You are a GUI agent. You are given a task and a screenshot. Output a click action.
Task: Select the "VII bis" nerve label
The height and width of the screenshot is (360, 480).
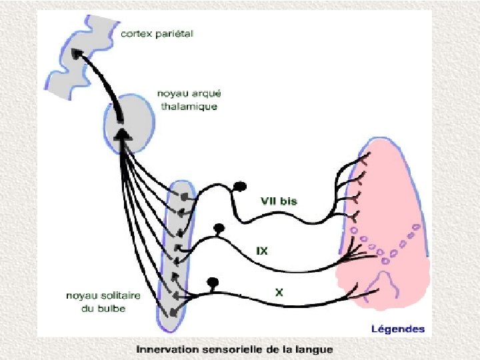tap(279, 201)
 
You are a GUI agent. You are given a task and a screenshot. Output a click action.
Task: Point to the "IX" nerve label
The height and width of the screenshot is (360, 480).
tap(262, 251)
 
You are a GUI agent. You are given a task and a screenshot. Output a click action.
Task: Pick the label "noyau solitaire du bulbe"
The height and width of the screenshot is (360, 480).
tap(95, 302)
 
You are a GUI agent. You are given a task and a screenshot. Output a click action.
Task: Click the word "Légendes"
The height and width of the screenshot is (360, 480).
tap(397, 329)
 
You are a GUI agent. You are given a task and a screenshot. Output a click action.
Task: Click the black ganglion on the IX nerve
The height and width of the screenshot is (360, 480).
tap(218, 229)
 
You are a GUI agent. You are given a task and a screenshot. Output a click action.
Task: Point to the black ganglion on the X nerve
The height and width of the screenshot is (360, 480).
tap(213, 281)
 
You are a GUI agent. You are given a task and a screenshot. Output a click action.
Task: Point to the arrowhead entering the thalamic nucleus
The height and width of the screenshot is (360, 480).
tap(121, 135)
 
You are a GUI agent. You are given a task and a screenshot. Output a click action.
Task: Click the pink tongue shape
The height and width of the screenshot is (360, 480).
tap(393, 220)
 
